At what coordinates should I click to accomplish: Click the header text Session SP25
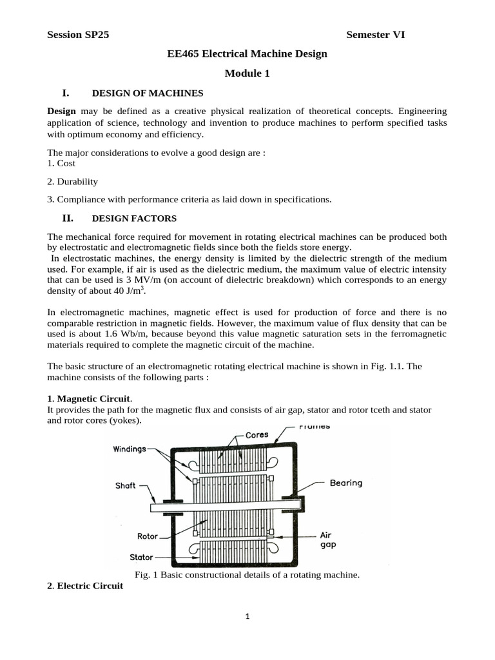[78, 35]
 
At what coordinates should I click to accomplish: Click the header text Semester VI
[375, 35]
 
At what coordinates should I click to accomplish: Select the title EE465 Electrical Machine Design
[247, 53]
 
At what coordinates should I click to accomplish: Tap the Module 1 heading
[247, 73]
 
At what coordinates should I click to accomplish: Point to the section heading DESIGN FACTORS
[134, 218]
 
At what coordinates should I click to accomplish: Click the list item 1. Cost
[62, 163]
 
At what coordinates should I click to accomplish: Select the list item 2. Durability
[73, 181]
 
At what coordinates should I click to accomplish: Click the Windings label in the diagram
[129, 449]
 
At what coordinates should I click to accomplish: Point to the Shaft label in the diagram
[125, 486]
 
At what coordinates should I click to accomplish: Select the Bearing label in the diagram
[346, 483]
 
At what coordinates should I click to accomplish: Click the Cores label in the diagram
[257, 435]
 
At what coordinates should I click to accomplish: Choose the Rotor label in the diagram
[148, 536]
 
